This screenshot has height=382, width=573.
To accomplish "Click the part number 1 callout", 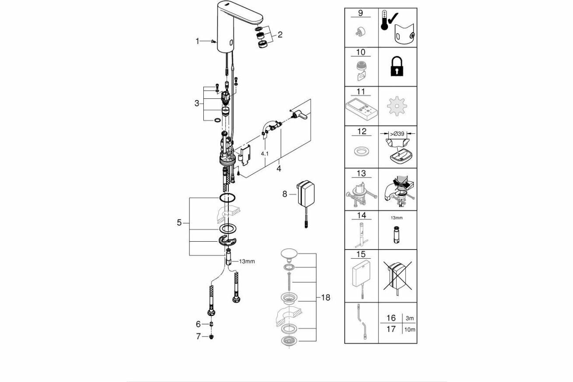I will pyautogui.click(x=197, y=41).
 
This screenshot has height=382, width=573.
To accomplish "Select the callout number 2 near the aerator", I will pyautogui.click(x=280, y=35).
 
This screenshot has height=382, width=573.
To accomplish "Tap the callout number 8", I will pyautogui.click(x=285, y=194).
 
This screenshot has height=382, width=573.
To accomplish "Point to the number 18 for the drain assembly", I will pyautogui.click(x=325, y=298).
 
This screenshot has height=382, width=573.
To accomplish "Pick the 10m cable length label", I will pyautogui.click(x=410, y=329).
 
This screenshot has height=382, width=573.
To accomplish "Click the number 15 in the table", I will pyautogui.click(x=361, y=254).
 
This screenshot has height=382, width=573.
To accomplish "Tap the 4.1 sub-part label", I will pyautogui.click(x=265, y=154).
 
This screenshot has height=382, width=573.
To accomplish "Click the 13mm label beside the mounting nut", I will pyautogui.click(x=247, y=261).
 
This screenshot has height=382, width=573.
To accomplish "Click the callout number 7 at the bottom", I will pyautogui.click(x=198, y=337).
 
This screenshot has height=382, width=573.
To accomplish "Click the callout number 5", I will pyautogui.click(x=179, y=222).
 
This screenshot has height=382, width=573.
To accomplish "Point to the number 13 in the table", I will pyautogui.click(x=361, y=174).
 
